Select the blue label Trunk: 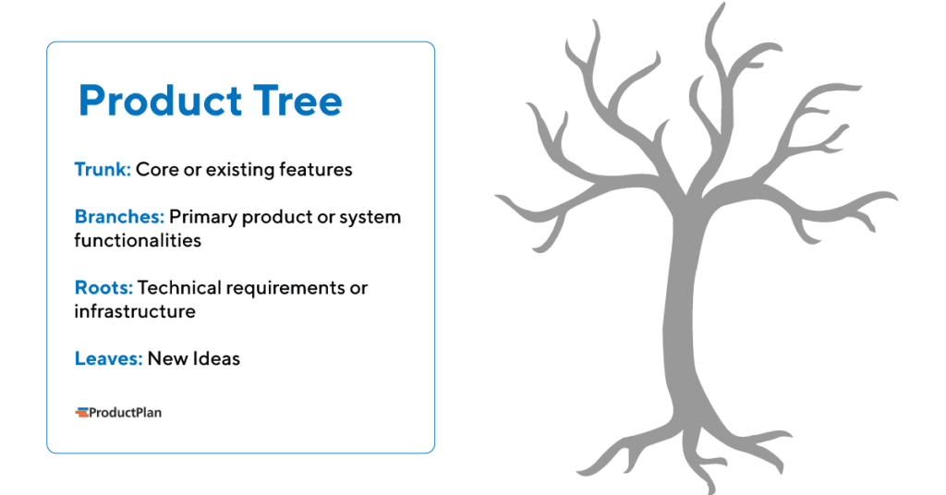(x=103, y=170)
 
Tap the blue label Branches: (x=119, y=217)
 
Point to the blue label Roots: (x=103, y=287)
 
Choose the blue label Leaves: (x=108, y=358)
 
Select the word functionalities (x=137, y=240)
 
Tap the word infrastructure (x=135, y=311)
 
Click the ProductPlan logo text (x=125, y=413)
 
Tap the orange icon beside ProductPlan (x=81, y=413)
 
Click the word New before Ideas (x=166, y=358)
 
